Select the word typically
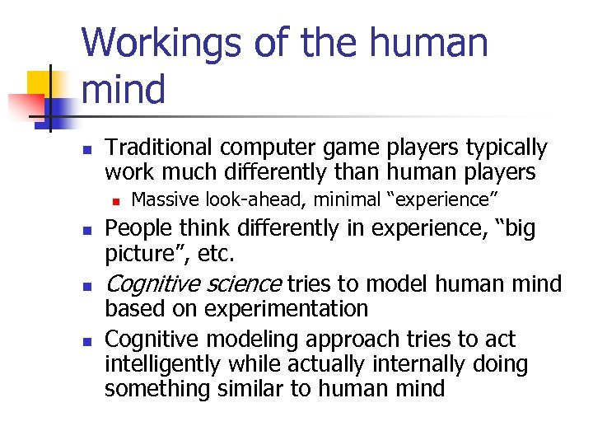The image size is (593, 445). pyautogui.click(x=507, y=148)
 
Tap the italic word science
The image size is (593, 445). pyautogui.click(x=243, y=284)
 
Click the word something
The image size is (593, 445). pyautogui.click(x=159, y=389)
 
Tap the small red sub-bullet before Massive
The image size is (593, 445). pyautogui.click(x=117, y=199)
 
